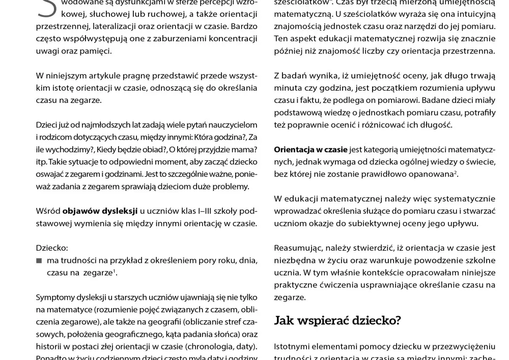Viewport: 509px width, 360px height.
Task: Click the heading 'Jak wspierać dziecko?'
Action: pyautogui.click(x=337, y=320)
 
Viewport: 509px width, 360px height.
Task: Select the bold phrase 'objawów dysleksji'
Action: pyautogui.click(x=100, y=211)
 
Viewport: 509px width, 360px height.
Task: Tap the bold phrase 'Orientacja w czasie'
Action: pyautogui.click(x=310, y=150)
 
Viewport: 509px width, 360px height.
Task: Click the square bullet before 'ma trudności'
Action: pyautogui.click(x=39, y=261)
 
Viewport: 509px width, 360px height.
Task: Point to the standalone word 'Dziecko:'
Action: pyautogui.click(x=52, y=248)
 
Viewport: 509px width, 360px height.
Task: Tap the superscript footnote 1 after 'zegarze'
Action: pyautogui.click(x=116, y=271)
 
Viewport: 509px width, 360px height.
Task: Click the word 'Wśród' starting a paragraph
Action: pyautogui.click(x=47, y=211)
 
